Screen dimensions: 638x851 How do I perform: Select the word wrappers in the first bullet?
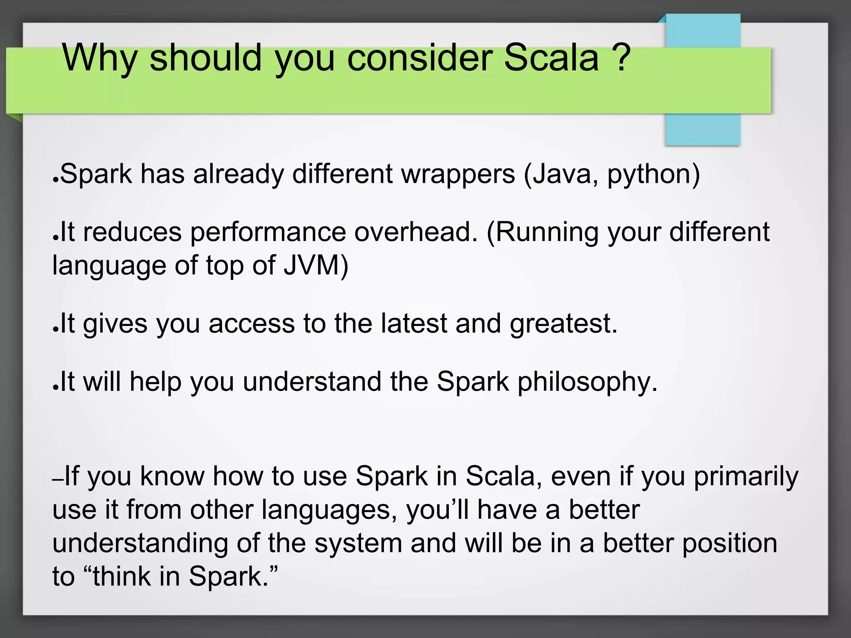[x=458, y=174]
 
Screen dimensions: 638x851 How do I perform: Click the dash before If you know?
[x=58, y=480]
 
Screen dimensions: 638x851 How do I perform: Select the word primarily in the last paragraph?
[x=746, y=477]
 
